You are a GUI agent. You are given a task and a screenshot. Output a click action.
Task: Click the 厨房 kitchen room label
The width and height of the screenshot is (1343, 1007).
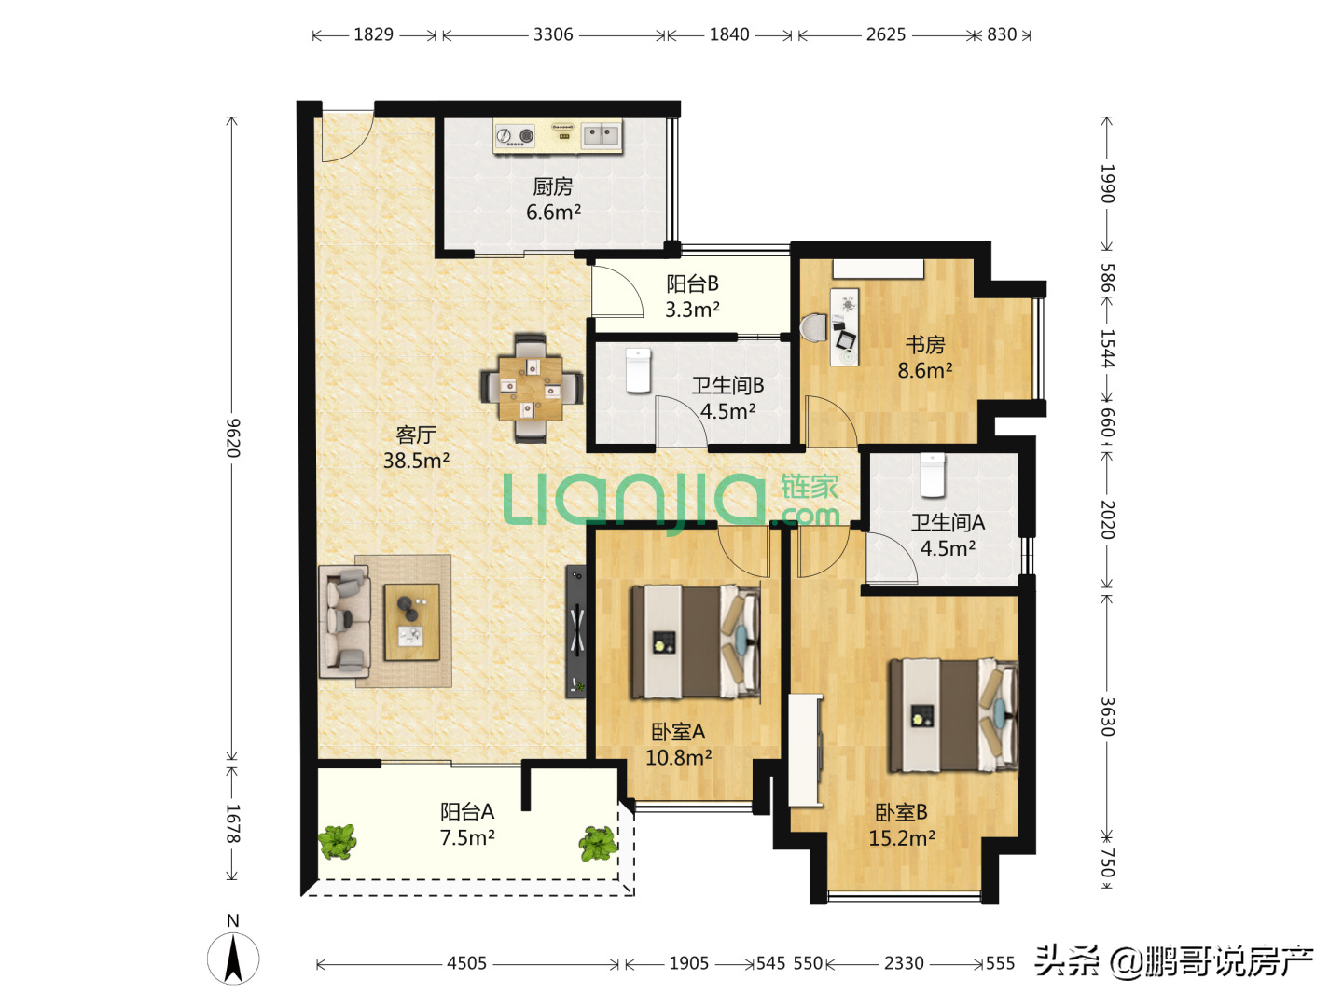point(552,186)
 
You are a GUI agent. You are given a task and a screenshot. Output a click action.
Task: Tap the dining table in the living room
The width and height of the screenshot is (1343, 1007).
point(531,388)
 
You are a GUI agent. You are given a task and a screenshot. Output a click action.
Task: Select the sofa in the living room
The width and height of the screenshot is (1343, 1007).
point(344,621)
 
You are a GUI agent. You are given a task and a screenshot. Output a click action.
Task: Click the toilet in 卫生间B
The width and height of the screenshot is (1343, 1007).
point(638,370)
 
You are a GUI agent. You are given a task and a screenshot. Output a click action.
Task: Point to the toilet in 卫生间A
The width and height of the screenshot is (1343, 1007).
point(932,476)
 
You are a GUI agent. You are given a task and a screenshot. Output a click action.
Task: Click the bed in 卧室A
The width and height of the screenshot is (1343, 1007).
point(695,641)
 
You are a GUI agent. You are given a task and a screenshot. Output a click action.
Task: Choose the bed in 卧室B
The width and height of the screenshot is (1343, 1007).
point(953,715)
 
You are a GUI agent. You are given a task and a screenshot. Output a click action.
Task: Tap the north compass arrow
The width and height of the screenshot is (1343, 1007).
point(233,959)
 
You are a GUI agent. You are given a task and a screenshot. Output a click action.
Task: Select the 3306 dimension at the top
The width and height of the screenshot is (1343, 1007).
point(553,34)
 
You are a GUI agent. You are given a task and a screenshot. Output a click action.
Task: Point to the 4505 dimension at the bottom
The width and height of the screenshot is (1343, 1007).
point(467,963)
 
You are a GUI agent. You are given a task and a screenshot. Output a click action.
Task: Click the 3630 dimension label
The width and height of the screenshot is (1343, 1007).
point(1108,717)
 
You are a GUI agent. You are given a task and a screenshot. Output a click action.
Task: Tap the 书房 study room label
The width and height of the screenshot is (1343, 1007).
point(925,345)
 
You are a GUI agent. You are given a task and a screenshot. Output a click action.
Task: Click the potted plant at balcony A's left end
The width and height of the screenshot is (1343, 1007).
point(337,842)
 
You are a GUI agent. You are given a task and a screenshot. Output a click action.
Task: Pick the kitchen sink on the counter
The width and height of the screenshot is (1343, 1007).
point(601,134)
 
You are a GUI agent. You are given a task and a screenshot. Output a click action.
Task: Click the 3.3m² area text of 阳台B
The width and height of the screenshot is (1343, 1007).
point(692,310)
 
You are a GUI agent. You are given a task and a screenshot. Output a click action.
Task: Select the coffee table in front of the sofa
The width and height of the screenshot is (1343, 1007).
point(412,623)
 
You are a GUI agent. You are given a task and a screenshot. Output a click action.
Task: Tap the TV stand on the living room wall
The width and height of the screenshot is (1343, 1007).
point(575,631)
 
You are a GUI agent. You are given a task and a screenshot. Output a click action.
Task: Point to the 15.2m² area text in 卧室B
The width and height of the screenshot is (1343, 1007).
point(902,838)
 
